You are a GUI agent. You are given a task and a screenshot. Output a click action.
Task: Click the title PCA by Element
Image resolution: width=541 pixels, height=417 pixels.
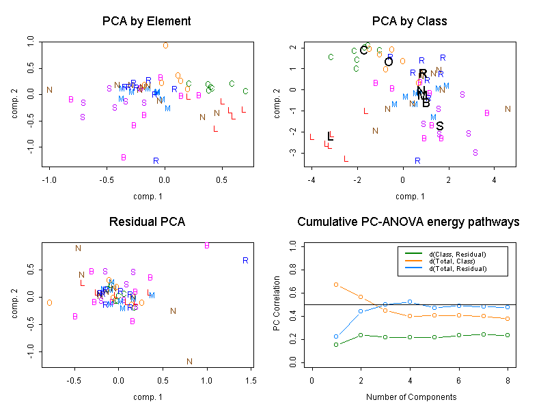[146, 21]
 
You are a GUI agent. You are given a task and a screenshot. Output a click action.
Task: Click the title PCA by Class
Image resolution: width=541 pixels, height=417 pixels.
[409, 21]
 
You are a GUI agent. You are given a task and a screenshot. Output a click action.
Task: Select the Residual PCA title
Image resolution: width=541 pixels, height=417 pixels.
[146, 222]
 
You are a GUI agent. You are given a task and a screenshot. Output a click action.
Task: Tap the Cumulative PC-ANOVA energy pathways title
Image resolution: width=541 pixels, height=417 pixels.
[408, 222]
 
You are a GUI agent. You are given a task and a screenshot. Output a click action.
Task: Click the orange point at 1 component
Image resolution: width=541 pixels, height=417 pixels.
[336, 285]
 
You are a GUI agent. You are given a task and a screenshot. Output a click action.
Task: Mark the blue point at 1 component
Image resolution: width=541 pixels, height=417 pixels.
[336, 336]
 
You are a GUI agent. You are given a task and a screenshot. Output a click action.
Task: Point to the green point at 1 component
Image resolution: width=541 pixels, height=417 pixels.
[336, 345]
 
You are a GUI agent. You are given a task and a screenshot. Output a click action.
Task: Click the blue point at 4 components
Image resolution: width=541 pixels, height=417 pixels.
[410, 302]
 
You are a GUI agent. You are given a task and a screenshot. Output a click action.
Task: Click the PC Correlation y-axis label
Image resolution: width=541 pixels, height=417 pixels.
[277, 304]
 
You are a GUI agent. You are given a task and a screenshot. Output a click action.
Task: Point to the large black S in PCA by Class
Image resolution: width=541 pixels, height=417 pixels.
[440, 126]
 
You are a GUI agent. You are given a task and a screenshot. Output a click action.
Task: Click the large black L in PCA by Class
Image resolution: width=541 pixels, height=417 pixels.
[330, 136]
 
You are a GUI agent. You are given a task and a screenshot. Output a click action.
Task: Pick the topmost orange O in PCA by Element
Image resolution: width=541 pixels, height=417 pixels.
[165, 46]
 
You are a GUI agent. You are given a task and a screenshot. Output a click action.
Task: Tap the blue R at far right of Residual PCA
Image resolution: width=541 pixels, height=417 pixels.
[245, 261]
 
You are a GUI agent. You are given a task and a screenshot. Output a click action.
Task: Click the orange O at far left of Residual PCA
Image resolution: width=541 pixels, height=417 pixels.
[49, 302]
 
